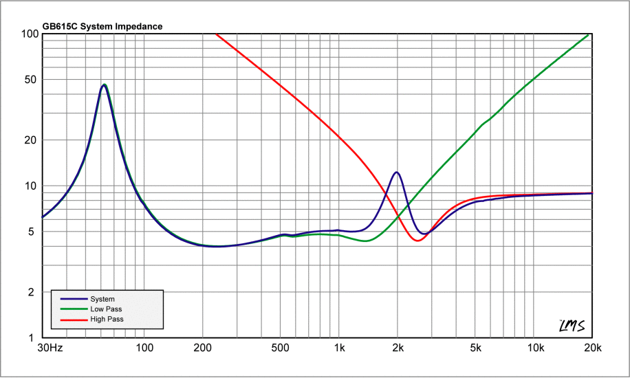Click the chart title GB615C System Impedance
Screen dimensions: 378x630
point(102,27)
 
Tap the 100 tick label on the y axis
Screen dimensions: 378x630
point(29,34)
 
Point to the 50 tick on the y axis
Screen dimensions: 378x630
point(31,80)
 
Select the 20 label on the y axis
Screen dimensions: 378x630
point(31,140)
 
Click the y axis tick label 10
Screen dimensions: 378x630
point(31,186)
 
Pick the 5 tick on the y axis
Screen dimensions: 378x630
point(34,232)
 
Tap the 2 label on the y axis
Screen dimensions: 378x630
point(34,293)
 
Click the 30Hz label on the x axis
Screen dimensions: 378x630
point(50,348)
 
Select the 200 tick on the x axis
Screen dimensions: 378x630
point(202,348)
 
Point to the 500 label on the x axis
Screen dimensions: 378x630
point(280,348)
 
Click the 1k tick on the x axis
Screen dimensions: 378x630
point(338,348)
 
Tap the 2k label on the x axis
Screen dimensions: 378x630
point(397,348)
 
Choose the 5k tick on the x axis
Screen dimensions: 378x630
point(475,348)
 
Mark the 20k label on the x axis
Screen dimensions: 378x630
point(591,348)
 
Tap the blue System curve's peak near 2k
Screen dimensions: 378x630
point(397,173)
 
